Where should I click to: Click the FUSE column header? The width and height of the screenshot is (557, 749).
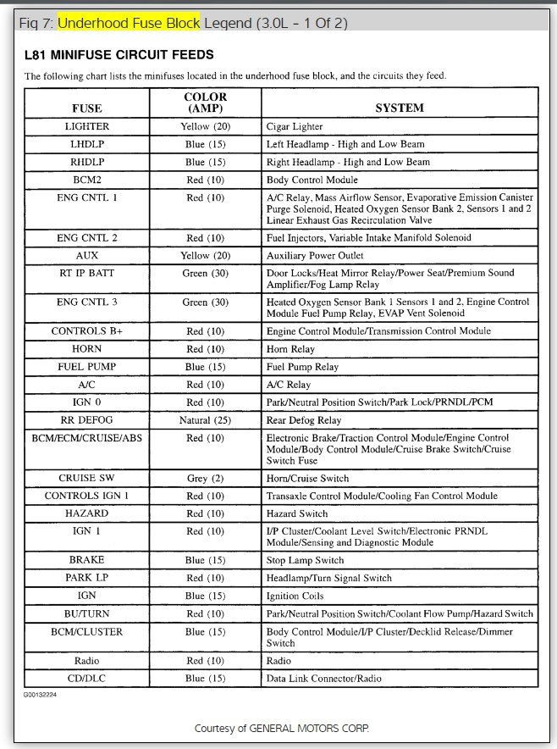pos(86,108)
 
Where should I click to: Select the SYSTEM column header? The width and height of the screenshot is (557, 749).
pos(400,108)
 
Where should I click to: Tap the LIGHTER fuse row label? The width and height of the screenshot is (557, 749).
pos(86,126)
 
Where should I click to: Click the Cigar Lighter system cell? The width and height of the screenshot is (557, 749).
pos(295,127)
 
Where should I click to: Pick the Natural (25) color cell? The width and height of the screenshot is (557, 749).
pos(205,420)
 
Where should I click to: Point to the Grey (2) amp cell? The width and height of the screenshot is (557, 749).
pos(205,478)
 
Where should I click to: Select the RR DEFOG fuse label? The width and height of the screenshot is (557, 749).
pos(86,420)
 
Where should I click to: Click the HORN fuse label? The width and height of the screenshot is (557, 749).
pos(86,349)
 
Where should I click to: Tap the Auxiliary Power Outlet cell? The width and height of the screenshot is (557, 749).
pos(315,255)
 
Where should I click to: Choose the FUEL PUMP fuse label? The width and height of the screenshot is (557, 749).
pos(86,367)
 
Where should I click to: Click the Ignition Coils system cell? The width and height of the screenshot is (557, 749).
pos(295,596)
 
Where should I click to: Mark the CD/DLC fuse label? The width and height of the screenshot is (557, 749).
pos(86,678)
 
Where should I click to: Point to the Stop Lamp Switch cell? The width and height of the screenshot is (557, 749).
pos(305,560)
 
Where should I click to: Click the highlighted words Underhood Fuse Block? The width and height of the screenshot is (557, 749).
pos(129,23)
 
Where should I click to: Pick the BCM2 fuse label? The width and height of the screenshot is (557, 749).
pos(86,180)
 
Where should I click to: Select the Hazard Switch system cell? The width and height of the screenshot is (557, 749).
pos(296,513)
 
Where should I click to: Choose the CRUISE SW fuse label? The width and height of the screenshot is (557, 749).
pos(86,478)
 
